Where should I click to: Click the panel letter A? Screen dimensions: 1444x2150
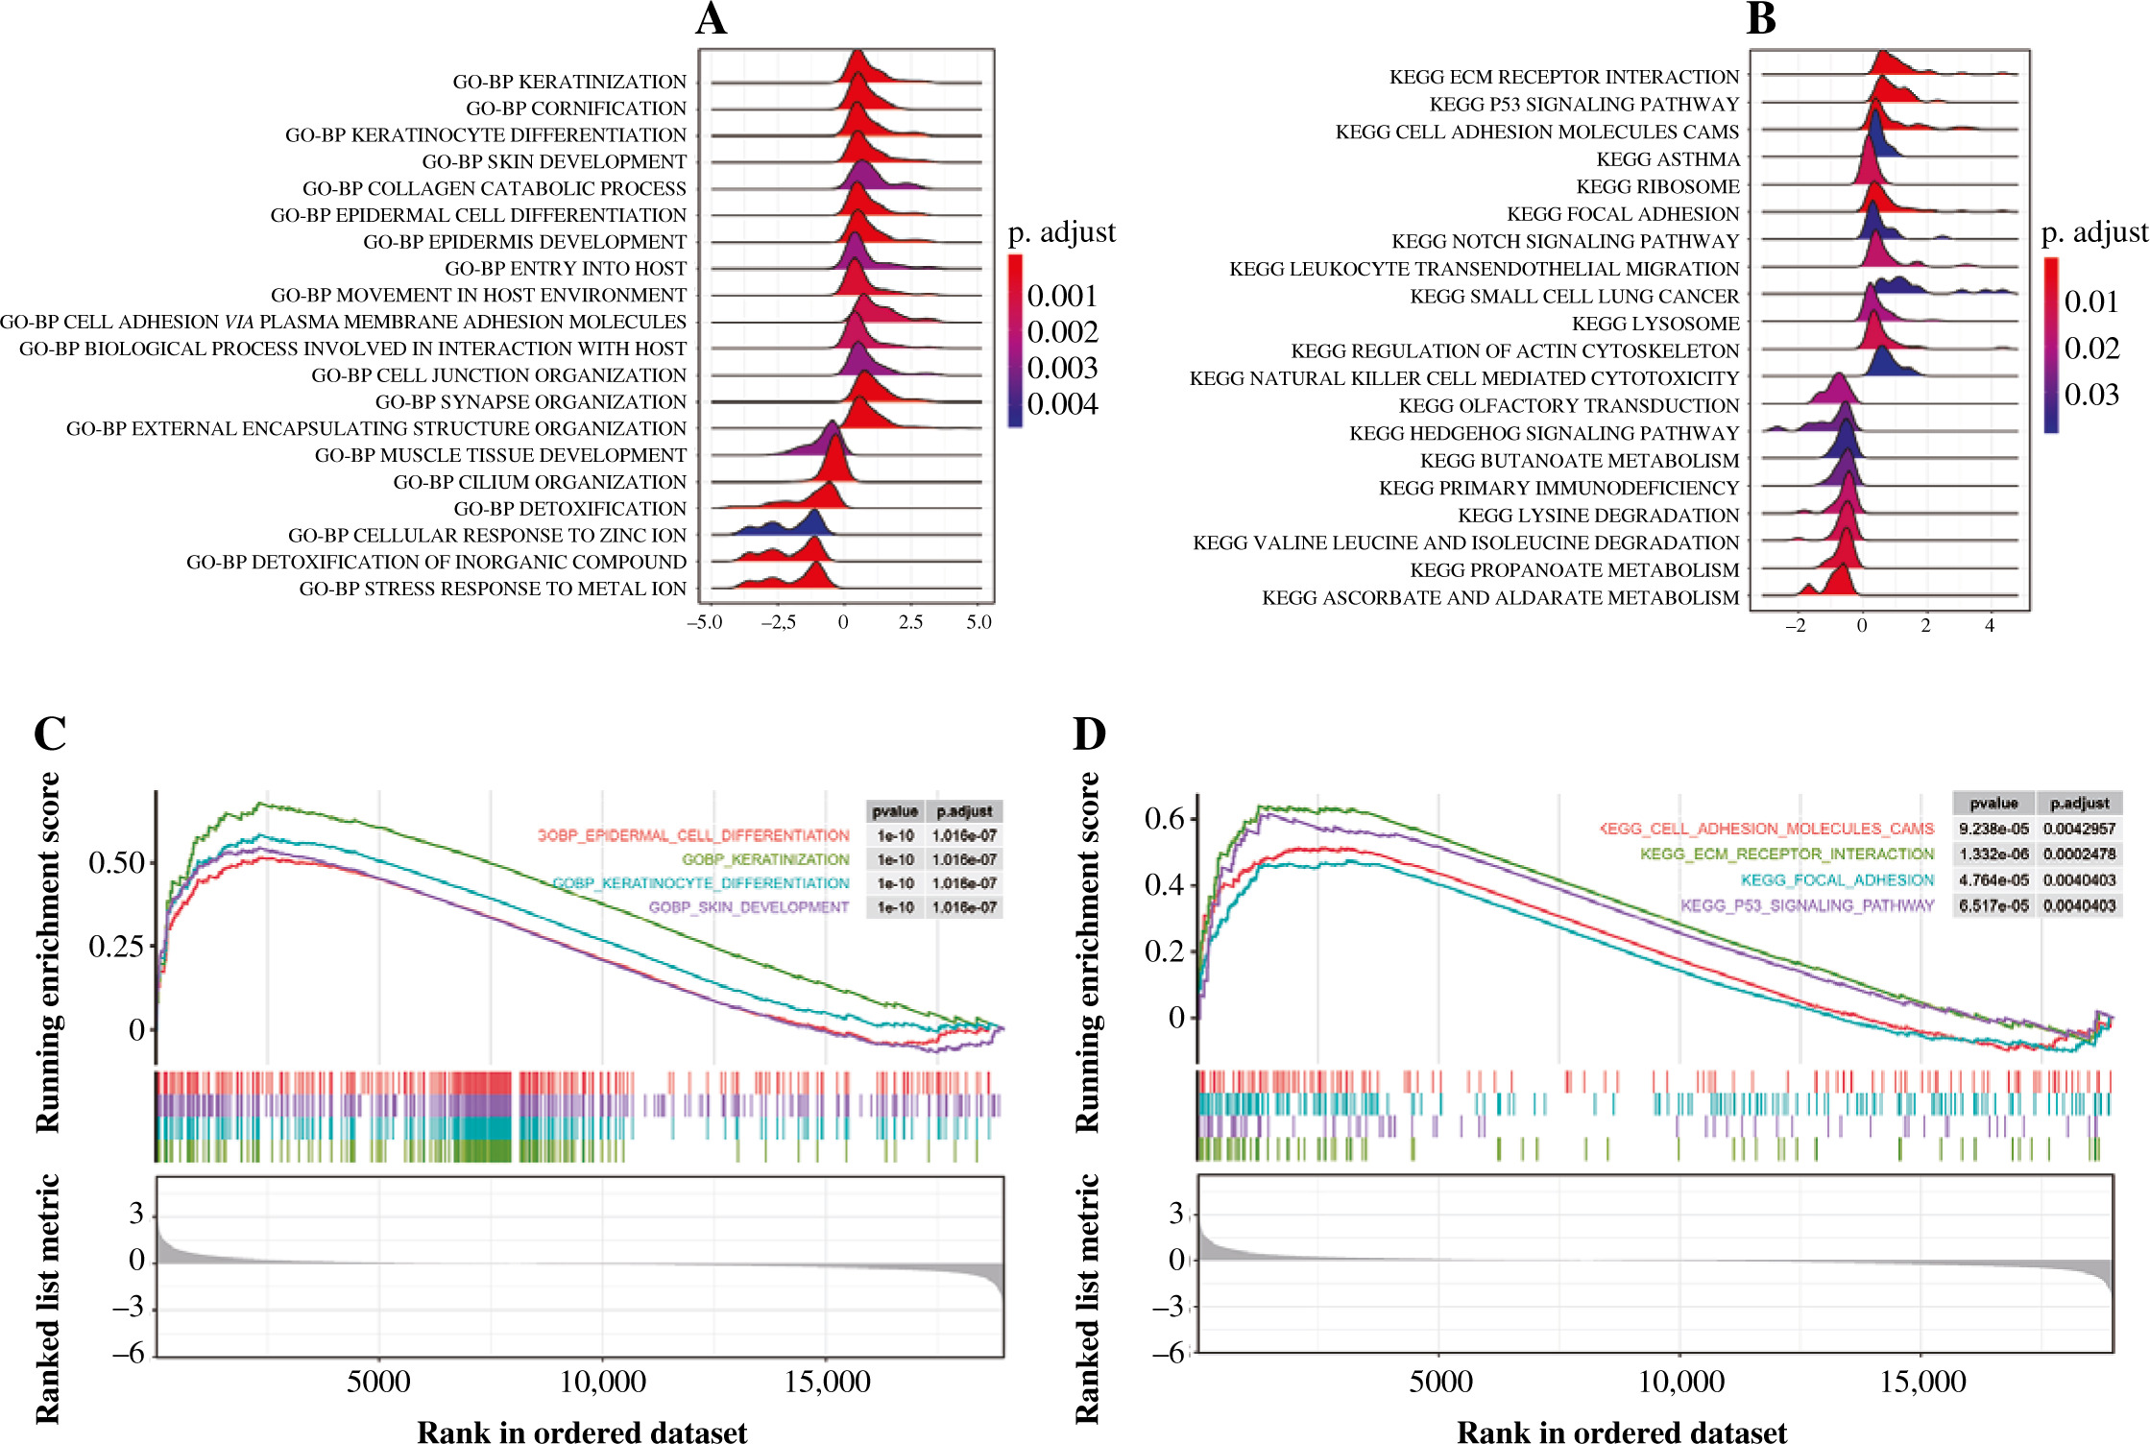pos(712,19)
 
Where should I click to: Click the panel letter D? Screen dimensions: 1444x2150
pos(1089,734)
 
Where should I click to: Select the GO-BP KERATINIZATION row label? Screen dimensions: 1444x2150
pos(569,82)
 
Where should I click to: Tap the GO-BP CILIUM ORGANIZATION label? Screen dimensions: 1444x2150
pos(540,482)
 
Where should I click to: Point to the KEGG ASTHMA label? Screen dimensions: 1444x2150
pos(1668,159)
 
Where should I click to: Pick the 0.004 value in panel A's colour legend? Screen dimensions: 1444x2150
pos(1062,404)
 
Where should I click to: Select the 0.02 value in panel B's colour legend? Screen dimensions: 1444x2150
pos(2091,348)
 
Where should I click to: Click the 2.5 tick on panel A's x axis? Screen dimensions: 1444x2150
pos(910,622)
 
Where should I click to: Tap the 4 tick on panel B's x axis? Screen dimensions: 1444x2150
pos(1990,626)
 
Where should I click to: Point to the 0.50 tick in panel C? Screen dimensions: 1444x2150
pos(116,862)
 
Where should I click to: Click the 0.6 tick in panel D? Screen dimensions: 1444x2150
pos(1164,819)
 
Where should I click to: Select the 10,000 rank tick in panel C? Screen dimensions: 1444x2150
pos(603,1382)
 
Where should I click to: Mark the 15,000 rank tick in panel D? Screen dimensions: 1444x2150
pos(1922,1382)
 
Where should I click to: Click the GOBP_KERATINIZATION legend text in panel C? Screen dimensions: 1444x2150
pos(765,859)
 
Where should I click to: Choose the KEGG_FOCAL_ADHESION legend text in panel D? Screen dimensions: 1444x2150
pos(1837,879)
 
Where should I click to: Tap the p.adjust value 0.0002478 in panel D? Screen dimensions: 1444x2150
pos(2079,854)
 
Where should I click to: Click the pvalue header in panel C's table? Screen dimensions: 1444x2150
pos(894,811)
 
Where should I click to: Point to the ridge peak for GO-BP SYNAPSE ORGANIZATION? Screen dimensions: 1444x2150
pos(863,376)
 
